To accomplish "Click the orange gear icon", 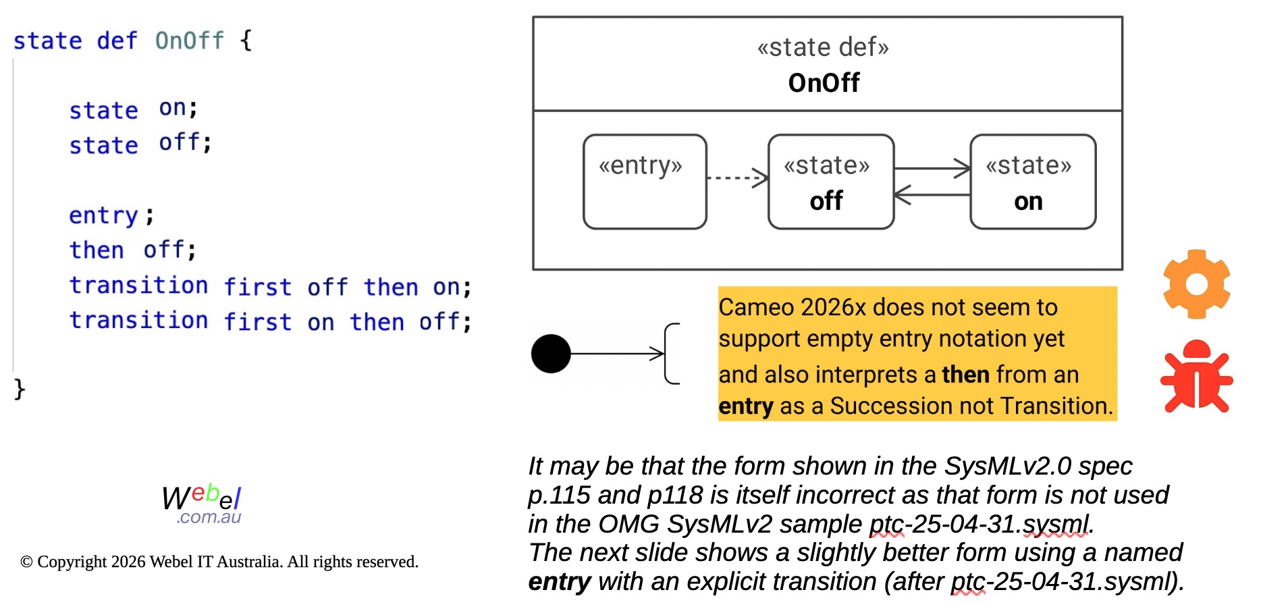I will [x=1196, y=284].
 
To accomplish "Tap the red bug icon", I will [x=1196, y=377].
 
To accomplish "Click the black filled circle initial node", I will [x=551, y=354].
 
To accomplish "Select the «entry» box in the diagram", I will [x=645, y=182].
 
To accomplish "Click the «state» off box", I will [x=830, y=182].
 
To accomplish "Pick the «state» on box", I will [x=1032, y=182].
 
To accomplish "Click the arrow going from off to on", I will [x=932, y=169].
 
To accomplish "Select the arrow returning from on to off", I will [x=932, y=195].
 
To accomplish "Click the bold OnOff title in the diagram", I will [x=824, y=83].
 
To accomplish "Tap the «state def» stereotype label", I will [x=823, y=47].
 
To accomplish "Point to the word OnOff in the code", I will [x=189, y=41].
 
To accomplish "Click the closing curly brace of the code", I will [x=20, y=389].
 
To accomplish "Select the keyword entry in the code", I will [x=103, y=215].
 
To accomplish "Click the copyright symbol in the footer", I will [x=26, y=562].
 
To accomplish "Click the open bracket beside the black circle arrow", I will [x=672, y=354].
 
